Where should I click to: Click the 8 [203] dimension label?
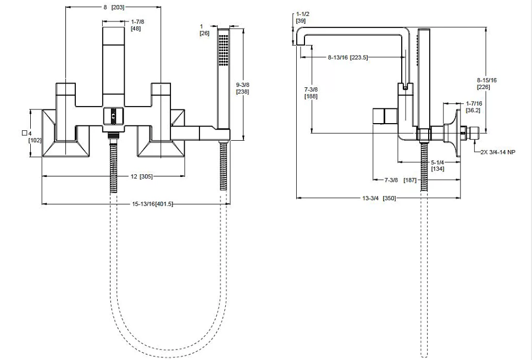[114, 7]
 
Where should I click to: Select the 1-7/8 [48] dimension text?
[137, 25]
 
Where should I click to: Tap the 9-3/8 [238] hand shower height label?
[242, 88]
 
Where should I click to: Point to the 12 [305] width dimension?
[141, 176]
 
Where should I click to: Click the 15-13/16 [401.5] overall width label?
[152, 204]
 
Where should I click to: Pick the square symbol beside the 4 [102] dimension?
[24, 133]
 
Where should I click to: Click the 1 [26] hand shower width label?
[204, 30]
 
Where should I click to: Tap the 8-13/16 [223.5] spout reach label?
[348, 58]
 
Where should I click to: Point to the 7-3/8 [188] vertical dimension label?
[311, 93]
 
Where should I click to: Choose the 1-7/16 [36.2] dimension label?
[474, 107]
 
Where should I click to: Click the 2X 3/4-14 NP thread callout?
[498, 152]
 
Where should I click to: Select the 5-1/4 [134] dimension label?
[437, 165]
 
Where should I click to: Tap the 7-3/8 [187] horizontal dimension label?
[400, 180]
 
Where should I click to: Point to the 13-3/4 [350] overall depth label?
[379, 198]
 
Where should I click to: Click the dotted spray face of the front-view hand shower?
[223, 49]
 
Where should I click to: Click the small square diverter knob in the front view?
[113, 115]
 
